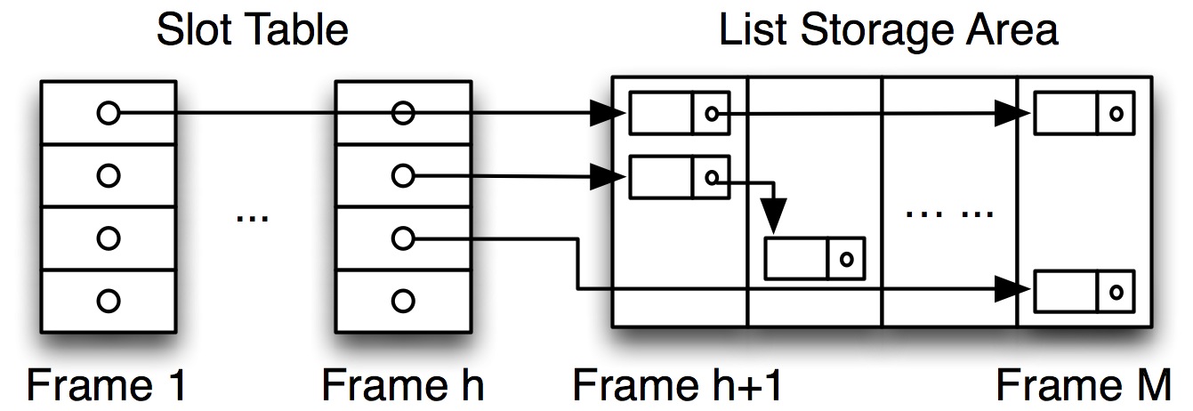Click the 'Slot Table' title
(252, 30)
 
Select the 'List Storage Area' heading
(889, 30)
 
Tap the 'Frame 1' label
(108, 385)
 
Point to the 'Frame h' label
(402, 385)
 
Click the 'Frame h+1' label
(678, 385)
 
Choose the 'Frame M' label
(1083, 385)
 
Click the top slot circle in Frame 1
(108, 113)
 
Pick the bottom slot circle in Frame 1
(108, 299)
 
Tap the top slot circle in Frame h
(403, 113)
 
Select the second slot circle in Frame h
(403, 176)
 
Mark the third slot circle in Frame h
(403, 238)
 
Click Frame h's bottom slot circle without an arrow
(403, 299)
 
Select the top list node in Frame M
(1084, 113)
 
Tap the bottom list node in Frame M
(1084, 289)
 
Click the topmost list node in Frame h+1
(680, 113)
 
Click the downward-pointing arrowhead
(774, 217)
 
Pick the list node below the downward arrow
(815, 258)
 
